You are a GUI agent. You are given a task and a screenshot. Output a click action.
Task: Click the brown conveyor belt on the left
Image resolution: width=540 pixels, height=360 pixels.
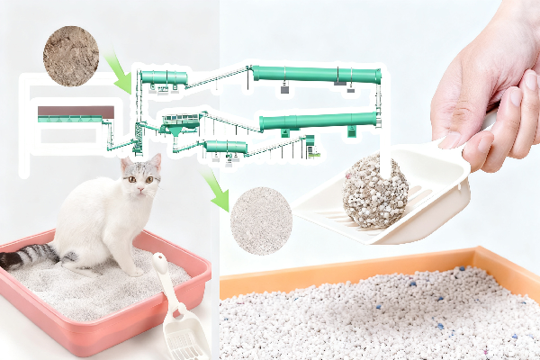[x=76, y=112]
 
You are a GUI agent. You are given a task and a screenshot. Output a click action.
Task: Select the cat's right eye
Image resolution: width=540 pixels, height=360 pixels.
[x=130, y=179]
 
